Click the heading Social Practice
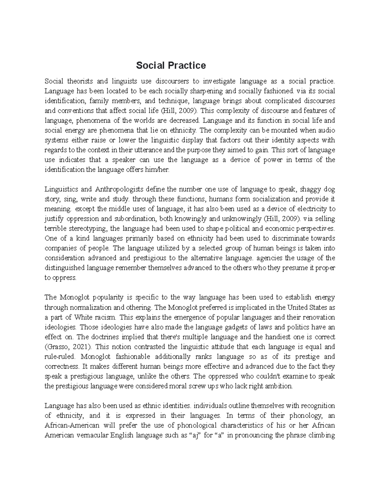coord(171,65)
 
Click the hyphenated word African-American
coord(72,425)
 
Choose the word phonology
coord(307,415)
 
